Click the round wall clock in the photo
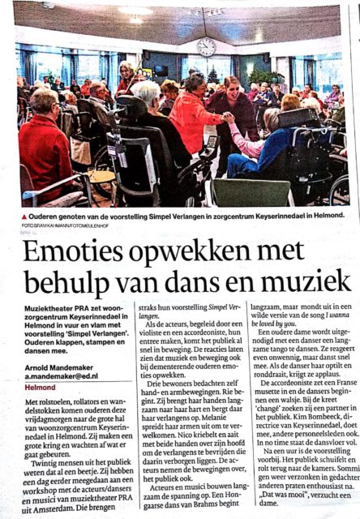tap(206, 46)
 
